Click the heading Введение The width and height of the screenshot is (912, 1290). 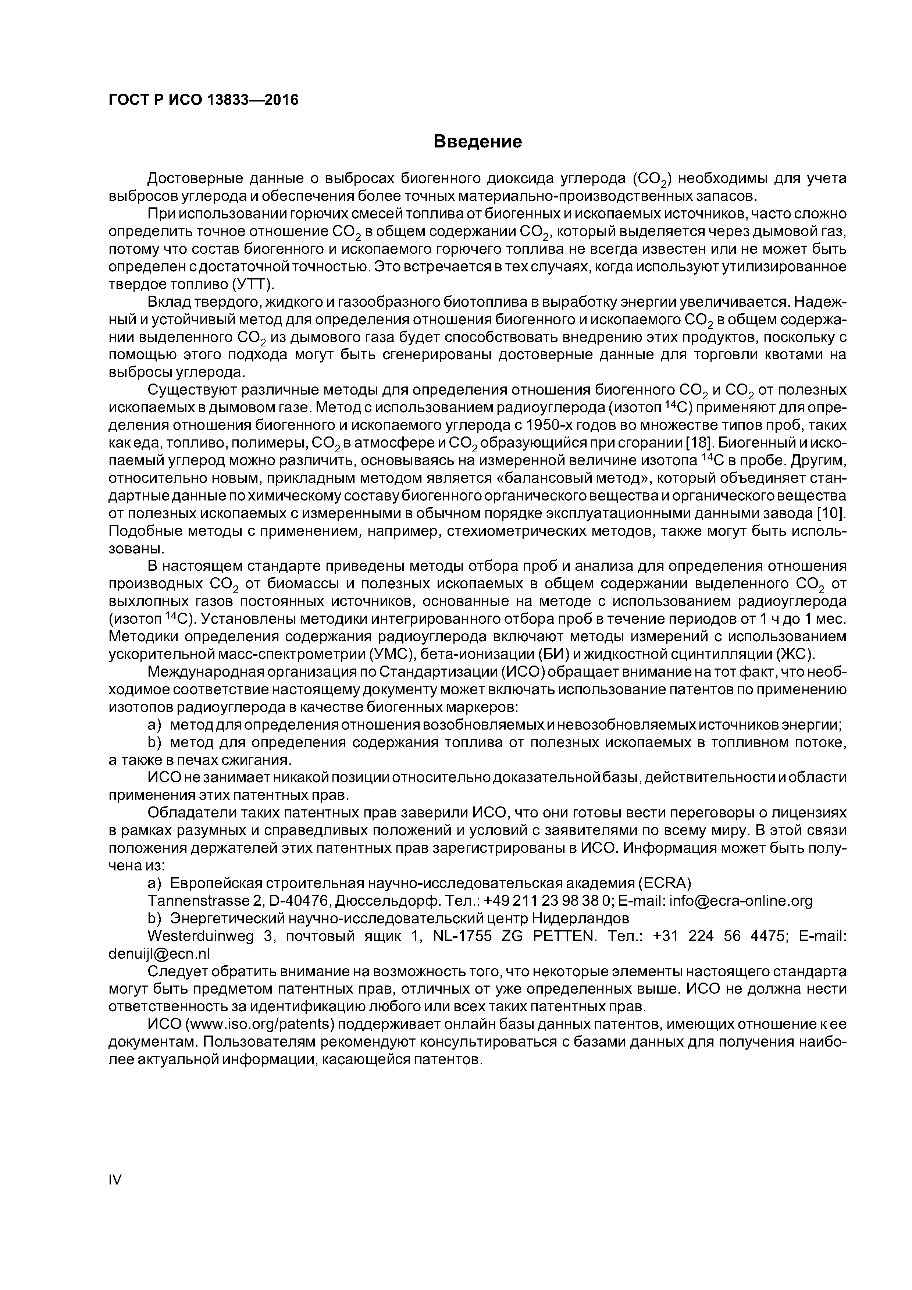pos(478,142)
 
